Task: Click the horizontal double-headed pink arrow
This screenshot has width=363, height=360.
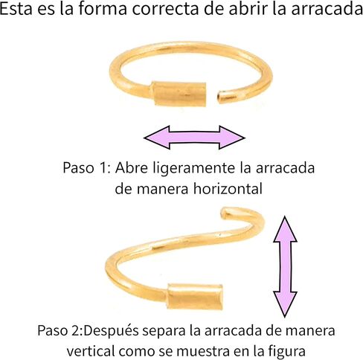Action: (195, 138)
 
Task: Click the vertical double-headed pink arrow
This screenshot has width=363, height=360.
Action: (285, 266)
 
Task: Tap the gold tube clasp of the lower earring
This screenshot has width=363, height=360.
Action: (196, 297)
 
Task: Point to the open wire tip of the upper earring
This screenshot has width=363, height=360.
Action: (219, 97)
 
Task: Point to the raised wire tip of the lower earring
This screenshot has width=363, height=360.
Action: (224, 212)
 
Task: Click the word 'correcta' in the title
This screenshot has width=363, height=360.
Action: (165, 9)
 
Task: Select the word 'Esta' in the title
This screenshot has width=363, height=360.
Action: (16, 9)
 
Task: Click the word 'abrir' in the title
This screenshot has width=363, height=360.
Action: (249, 9)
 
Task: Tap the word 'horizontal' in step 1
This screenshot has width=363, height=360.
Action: (228, 189)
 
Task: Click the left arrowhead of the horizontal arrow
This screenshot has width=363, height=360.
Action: (157, 138)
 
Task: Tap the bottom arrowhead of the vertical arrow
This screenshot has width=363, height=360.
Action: (285, 304)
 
